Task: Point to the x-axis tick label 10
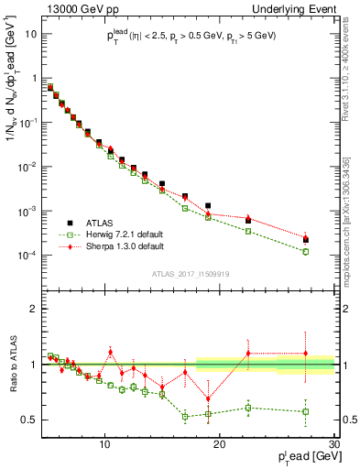coord(105,445)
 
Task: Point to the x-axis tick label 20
coord(220,445)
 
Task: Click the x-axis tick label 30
coord(333,445)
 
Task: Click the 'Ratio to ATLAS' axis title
coord(12,364)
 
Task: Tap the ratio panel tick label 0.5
coord(33,420)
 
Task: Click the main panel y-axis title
coord(12,101)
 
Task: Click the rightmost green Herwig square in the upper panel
coord(306,251)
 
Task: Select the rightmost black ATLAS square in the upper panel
coord(306,240)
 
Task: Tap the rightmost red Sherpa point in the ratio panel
coord(306,353)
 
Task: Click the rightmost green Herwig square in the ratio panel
coord(306,411)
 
